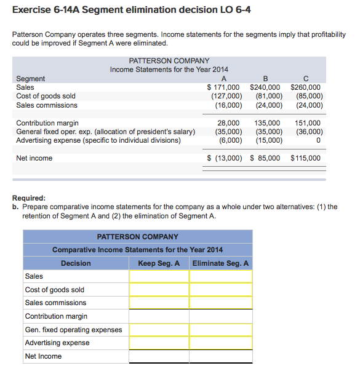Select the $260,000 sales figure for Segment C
[306, 87]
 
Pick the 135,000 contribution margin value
[267, 123]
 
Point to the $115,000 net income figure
[306, 158]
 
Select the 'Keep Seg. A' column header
[159, 263]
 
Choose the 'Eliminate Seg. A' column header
[220, 263]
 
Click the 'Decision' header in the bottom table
[76, 263]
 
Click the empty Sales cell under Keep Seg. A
[159, 276]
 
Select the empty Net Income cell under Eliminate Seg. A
[220, 356]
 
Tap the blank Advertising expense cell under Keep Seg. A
[159, 343]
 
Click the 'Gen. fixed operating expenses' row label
[73, 330]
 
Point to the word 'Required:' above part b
[29, 198]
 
